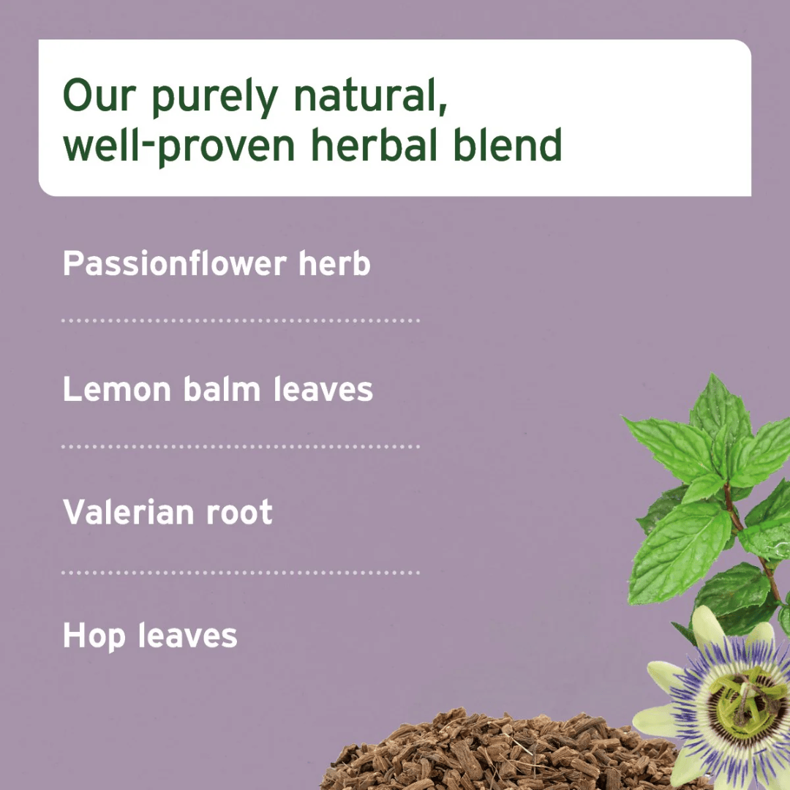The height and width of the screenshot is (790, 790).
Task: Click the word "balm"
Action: [224, 389]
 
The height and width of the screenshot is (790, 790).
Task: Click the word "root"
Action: [238, 512]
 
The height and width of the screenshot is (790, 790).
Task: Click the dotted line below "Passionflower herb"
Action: [241, 320]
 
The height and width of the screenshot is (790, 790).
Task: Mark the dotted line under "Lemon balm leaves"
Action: [241, 446]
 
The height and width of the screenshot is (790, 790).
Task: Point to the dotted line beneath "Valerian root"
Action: [241, 572]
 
